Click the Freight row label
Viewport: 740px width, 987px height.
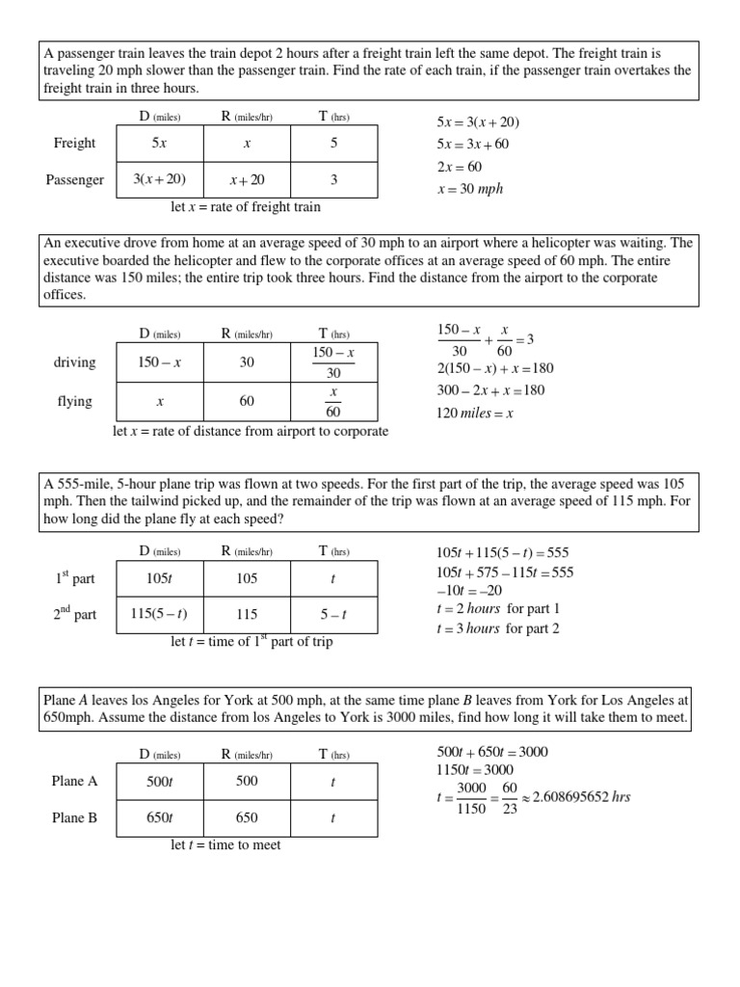(74, 144)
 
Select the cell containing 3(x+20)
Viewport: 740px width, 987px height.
(159, 179)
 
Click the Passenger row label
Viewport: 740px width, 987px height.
(74, 180)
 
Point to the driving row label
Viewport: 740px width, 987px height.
(75, 362)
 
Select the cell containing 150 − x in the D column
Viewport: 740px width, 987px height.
(159, 362)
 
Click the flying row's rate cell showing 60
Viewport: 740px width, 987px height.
(247, 401)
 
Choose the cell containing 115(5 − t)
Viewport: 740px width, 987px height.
(159, 614)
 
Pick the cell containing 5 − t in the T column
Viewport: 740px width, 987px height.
(332, 614)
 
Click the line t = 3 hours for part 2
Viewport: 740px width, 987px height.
(498, 628)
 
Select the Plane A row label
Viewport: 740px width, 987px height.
(74, 782)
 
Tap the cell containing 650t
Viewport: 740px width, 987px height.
(159, 818)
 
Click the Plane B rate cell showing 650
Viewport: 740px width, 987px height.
(247, 818)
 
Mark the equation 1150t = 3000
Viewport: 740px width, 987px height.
(475, 769)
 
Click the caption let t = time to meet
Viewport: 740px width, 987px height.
(225, 845)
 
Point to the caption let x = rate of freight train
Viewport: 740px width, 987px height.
(245, 206)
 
